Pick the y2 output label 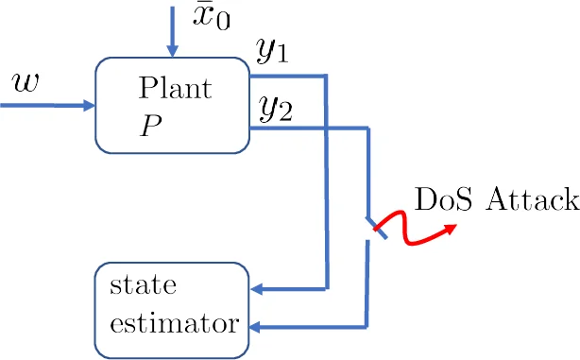(275, 111)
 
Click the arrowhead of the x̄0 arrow (171, 48)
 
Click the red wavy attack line (416, 231)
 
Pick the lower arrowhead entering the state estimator (259, 328)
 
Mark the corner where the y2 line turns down (367, 128)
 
